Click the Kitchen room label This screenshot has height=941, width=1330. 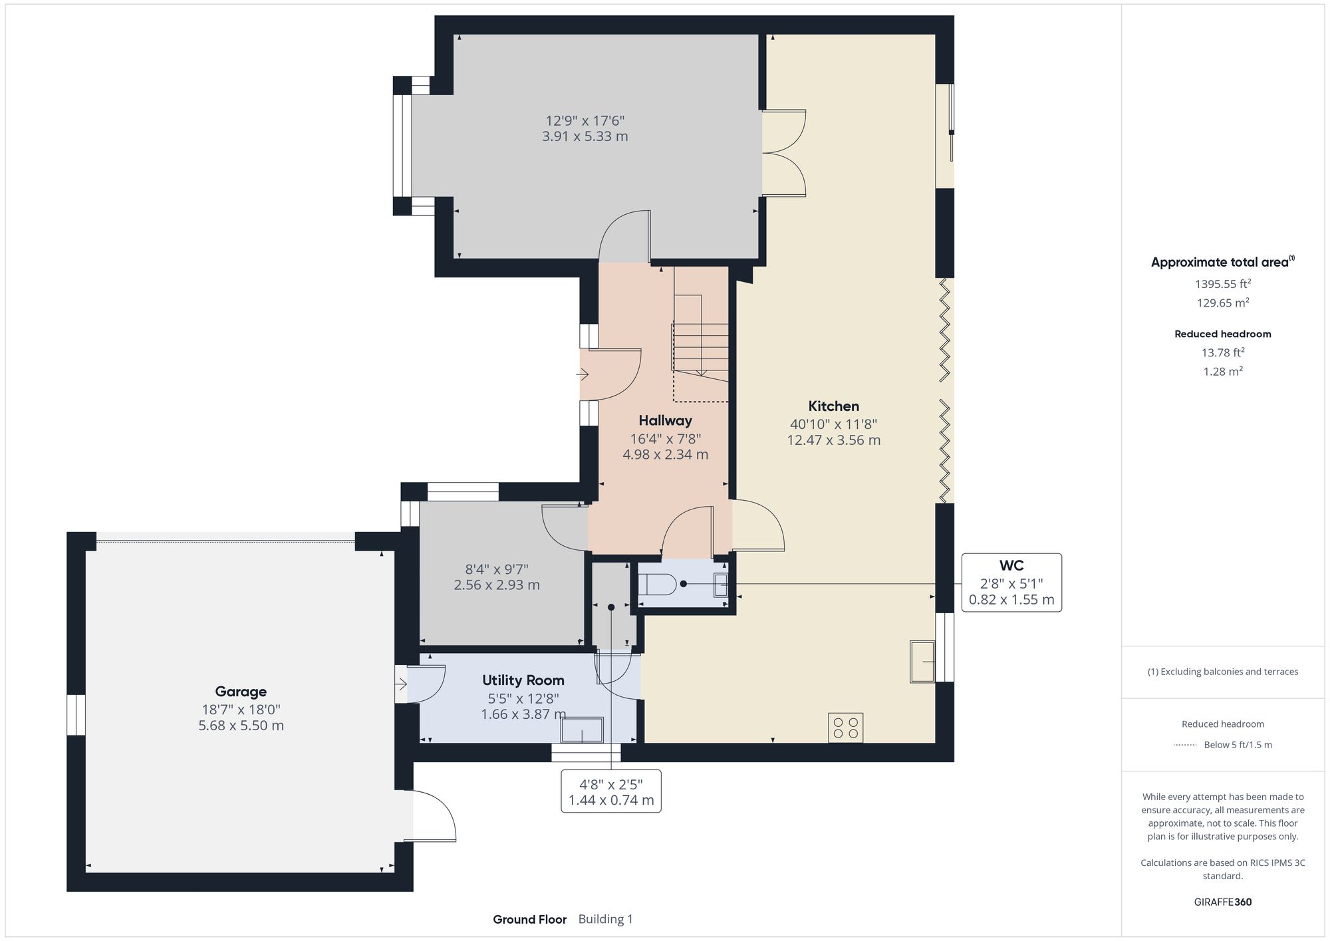[833, 406]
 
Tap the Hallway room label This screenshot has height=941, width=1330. [665, 420]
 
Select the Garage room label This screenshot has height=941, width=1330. [240, 692]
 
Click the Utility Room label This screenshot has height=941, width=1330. [523, 680]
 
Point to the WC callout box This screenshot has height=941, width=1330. [1011, 583]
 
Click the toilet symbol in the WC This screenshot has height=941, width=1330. [658, 585]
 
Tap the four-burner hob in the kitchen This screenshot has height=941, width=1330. [845, 728]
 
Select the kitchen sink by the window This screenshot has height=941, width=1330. [922, 661]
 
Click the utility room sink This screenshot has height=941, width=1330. [582, 730]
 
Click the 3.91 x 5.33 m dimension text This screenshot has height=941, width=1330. [585, 136]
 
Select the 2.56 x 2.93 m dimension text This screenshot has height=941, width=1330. [496, 585]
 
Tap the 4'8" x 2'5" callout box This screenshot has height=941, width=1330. [610, 791]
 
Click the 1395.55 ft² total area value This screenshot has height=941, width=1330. [1223, 284]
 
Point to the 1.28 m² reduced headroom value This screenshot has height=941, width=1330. [1223, 372]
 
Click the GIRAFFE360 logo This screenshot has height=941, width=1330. [1223, 902]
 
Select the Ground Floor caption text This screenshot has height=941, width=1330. [529, 920]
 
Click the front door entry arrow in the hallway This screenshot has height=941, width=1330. [582, 375]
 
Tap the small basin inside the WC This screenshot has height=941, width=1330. [720, 585]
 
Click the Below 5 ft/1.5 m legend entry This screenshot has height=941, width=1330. [1237, 745]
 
